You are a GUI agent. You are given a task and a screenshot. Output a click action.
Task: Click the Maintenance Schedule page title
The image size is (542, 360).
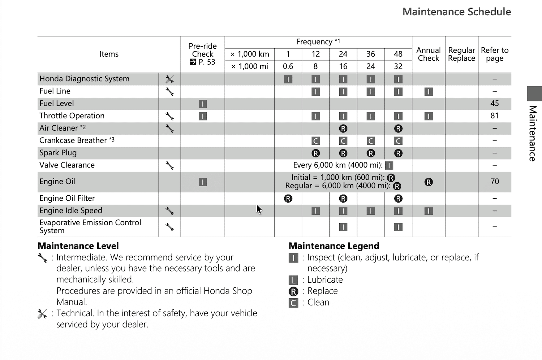pyautogui.click(x=456, y=12)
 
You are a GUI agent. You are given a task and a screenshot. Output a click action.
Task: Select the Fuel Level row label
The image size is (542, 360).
pyautogui.click(x=57, y=103)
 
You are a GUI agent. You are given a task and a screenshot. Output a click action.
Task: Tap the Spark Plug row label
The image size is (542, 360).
pyautogui.click(x=58, y=153)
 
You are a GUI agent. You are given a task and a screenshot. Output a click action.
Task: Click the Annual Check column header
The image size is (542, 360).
pyautogui.click(x=429, y=54)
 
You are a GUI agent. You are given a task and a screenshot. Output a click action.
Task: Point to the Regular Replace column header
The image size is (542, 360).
pyautogui.click(x=461, y=54)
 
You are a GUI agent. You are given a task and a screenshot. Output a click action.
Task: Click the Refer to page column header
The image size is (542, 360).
pyautogui.click(x=494, y=54)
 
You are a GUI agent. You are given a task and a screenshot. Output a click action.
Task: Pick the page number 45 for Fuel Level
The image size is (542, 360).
pyautogui.click(x=494, y=103)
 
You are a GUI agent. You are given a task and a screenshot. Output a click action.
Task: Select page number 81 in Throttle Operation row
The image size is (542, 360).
pyautogui.click(x=494, y=116)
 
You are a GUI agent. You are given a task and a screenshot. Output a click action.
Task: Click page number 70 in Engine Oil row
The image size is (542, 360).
pyautogui.click(x=494, y=181)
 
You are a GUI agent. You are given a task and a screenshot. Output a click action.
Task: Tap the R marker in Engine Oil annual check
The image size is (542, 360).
pyautogui.click(x=429, y=182)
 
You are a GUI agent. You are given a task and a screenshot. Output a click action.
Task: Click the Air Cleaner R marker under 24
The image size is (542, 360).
pyautogui.click(x=343, y=129)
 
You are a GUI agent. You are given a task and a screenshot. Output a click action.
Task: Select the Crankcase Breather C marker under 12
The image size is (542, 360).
pyautogui.click(x=315, y=141)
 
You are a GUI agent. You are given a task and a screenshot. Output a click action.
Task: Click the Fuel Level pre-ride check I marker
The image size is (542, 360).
pyautogui.click(x=203, y=104)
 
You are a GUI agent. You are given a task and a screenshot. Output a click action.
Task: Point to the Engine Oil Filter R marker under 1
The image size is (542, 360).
pyautogui.click(x=288, y=199)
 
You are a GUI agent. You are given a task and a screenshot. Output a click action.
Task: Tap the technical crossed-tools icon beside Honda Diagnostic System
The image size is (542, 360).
pyautogui.click(x=169, y=79)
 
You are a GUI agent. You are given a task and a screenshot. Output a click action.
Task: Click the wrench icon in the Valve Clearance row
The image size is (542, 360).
pyautogui.click(x=169, y=165)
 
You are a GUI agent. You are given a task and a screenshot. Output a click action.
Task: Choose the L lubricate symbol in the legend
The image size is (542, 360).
pyautogui.click(x=293, y=280)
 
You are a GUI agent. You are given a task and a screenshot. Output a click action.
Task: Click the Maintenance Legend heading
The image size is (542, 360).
pyautogui.click(x=334, y=246)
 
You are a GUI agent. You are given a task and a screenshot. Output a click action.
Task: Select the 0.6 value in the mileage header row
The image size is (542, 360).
pyautogui.click(x=288, y=66)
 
